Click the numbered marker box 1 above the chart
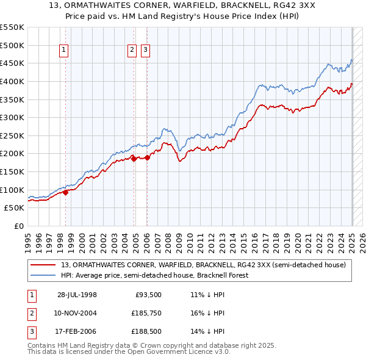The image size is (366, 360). point(64,51)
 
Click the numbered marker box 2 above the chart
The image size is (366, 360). point(132,51)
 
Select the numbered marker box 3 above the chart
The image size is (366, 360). point(146,51)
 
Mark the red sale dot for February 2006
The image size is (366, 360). point(147,157)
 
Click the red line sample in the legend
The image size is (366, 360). point(43,265)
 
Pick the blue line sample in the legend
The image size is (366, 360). point(43,275)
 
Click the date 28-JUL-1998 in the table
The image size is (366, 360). point(77,295)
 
